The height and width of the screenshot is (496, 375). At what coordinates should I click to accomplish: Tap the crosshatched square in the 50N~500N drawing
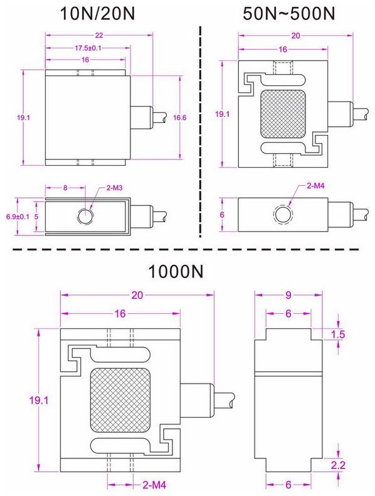[x=281, y=117]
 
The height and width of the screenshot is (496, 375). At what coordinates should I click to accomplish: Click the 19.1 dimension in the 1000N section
[x=26, y=400]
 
